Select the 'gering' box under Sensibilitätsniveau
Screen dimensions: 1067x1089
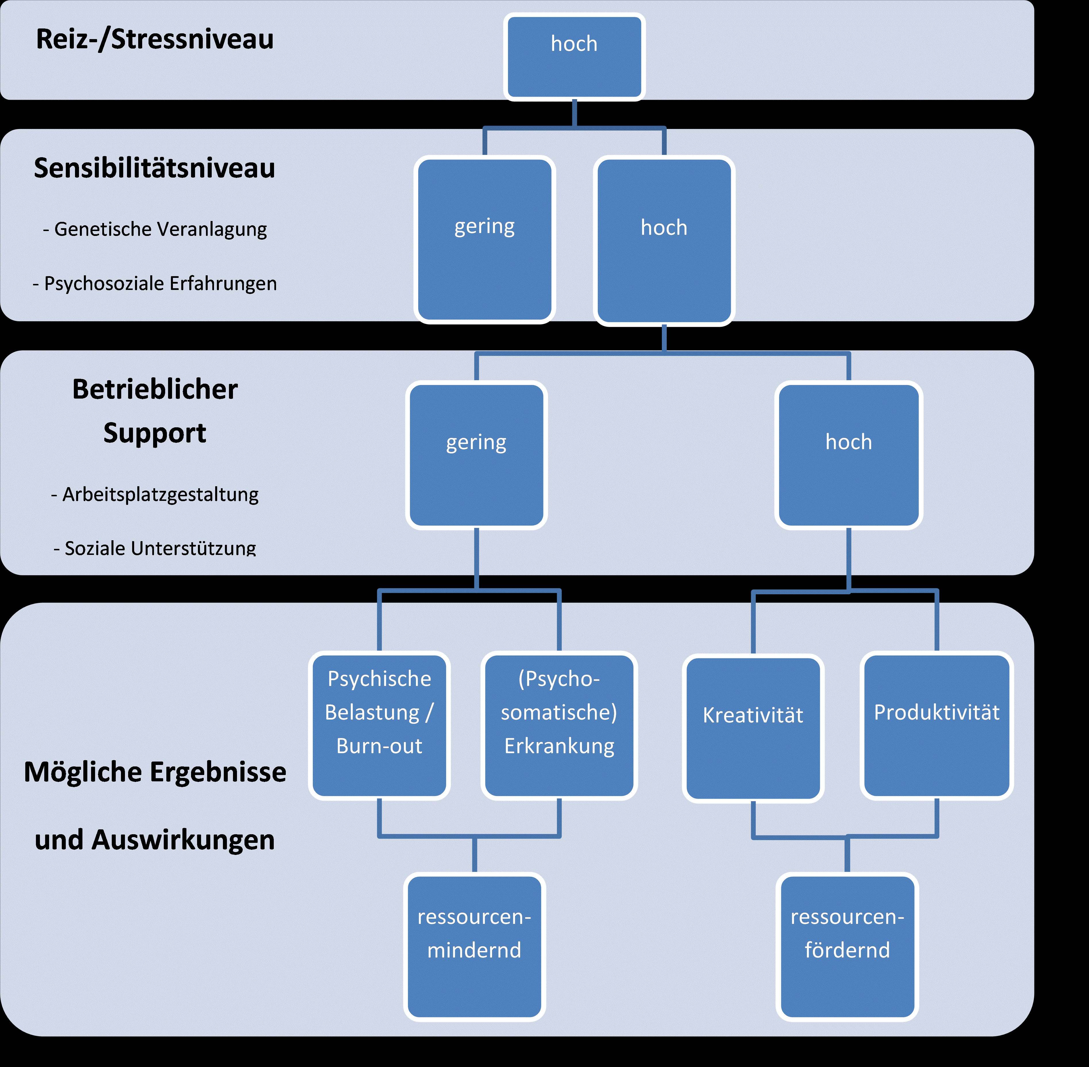coord(485,240)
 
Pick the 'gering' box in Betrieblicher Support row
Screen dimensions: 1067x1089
coord(476,455)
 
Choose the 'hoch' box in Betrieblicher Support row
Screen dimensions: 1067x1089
coord(849,455)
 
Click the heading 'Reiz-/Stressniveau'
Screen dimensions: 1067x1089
coord(155,39)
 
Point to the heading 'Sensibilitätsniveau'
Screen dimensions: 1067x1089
coord(155,168)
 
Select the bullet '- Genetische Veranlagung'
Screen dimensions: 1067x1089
coord(155,229)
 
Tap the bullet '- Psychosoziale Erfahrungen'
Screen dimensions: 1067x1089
coord(155,284)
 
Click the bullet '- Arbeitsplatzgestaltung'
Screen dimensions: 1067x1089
coord(155,494)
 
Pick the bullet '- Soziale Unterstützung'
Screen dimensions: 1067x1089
coord(155,548)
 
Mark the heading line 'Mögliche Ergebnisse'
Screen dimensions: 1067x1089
coord(155,772)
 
